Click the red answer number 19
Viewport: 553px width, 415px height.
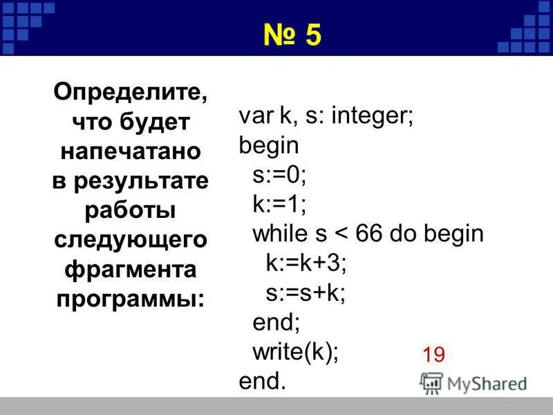tap(433, 356)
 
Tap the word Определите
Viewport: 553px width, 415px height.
tap(131, 91)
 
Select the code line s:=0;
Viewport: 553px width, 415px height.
tap(279, 174)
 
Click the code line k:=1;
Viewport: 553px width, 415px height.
tap(279, 204)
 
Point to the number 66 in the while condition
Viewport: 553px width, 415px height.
tap(371, 234)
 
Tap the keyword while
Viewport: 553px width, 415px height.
tap(280, 234)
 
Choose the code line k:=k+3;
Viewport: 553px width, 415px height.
tap(306, 264)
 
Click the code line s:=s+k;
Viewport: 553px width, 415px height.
tap(306, 293)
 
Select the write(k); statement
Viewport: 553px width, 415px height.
tap(296, 352)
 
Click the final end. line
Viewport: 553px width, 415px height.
tap(262, 382)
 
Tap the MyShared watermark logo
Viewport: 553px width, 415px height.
tap(474, 383)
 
